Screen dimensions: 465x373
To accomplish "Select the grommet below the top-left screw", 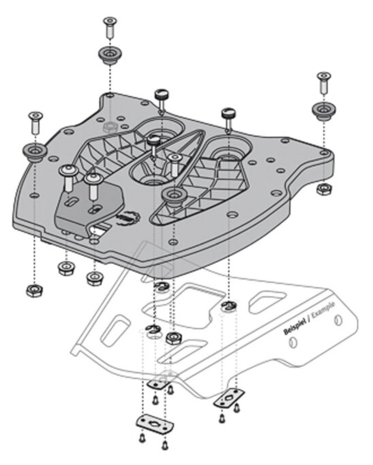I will click(x=110, y=55).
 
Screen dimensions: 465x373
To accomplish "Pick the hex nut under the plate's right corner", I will click(x=324, y=189).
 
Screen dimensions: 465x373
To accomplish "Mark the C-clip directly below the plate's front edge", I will click(x=161, y=286).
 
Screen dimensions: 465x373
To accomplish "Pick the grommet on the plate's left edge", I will click(x=34, y=151).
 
